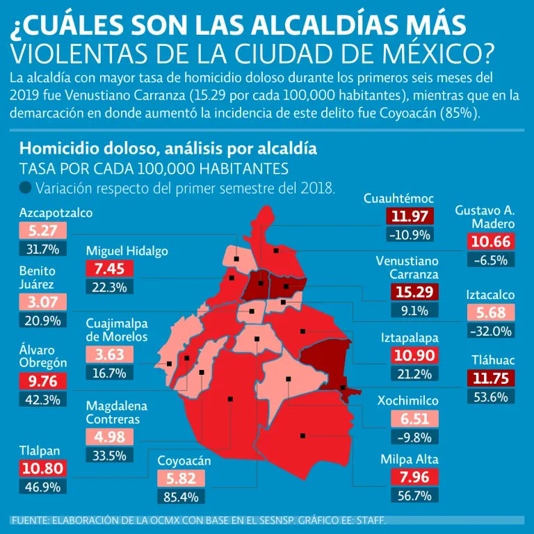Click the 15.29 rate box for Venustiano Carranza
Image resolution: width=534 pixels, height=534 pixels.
tap(414, 292)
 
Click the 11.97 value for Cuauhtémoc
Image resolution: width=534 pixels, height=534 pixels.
tap(410, 216)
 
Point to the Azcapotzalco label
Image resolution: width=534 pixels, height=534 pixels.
tap(56, 213)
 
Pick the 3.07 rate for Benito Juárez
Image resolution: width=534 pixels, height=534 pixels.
tap(43, 302)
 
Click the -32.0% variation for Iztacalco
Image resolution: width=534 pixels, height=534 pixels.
tap(490, 331)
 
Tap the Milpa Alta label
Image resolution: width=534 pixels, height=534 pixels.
tap(410, 459)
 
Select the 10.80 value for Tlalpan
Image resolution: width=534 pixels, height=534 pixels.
tap(43, 469)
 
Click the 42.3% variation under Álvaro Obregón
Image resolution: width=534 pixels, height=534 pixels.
tap(43, 400)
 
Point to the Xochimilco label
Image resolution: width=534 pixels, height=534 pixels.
tap(407, 400)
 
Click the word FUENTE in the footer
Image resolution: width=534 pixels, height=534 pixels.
tap(33, 521)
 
